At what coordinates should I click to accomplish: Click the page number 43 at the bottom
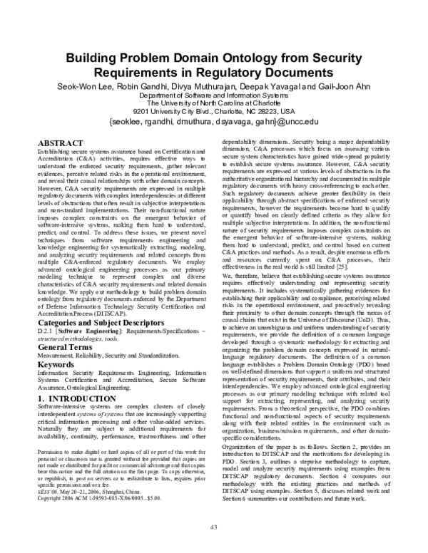click(213, 527)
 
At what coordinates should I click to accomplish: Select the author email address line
click(213, 121)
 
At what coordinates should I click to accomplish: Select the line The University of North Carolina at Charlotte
click(214, 103)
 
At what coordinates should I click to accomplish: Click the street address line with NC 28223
click(213, 111)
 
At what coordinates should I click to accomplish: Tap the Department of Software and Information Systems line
click(214, 95)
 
